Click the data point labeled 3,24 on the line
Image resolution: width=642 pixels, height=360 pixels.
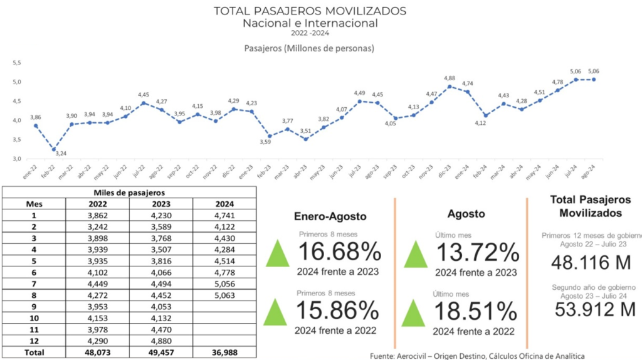coord(54,149)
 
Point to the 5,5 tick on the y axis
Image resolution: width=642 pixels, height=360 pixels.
coord(17,63)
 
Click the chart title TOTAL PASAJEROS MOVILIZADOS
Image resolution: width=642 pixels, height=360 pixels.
coord(310,11)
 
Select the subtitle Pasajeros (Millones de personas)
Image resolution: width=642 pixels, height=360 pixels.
coord(308,48)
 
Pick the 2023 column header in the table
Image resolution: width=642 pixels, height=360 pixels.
coord(162,204)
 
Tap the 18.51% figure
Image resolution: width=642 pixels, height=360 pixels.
coord(476,310)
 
